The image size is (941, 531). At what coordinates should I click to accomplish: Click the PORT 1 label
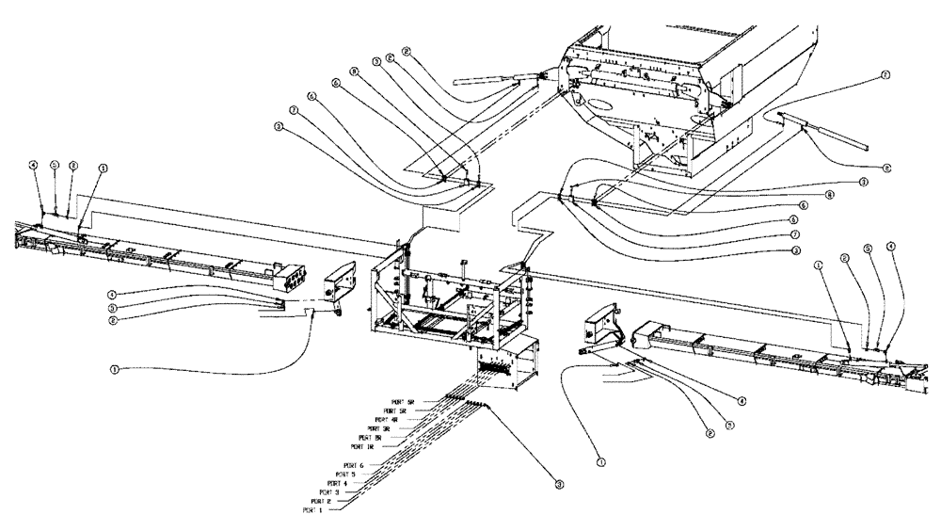tap(313, 510)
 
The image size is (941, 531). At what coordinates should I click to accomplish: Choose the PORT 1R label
tap(361, 446)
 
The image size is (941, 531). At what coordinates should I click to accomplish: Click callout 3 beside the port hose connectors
tap(559, 485)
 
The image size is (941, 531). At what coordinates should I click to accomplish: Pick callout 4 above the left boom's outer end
tap(34, 166)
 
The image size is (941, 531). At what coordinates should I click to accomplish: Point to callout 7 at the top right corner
tap(885, 73)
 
